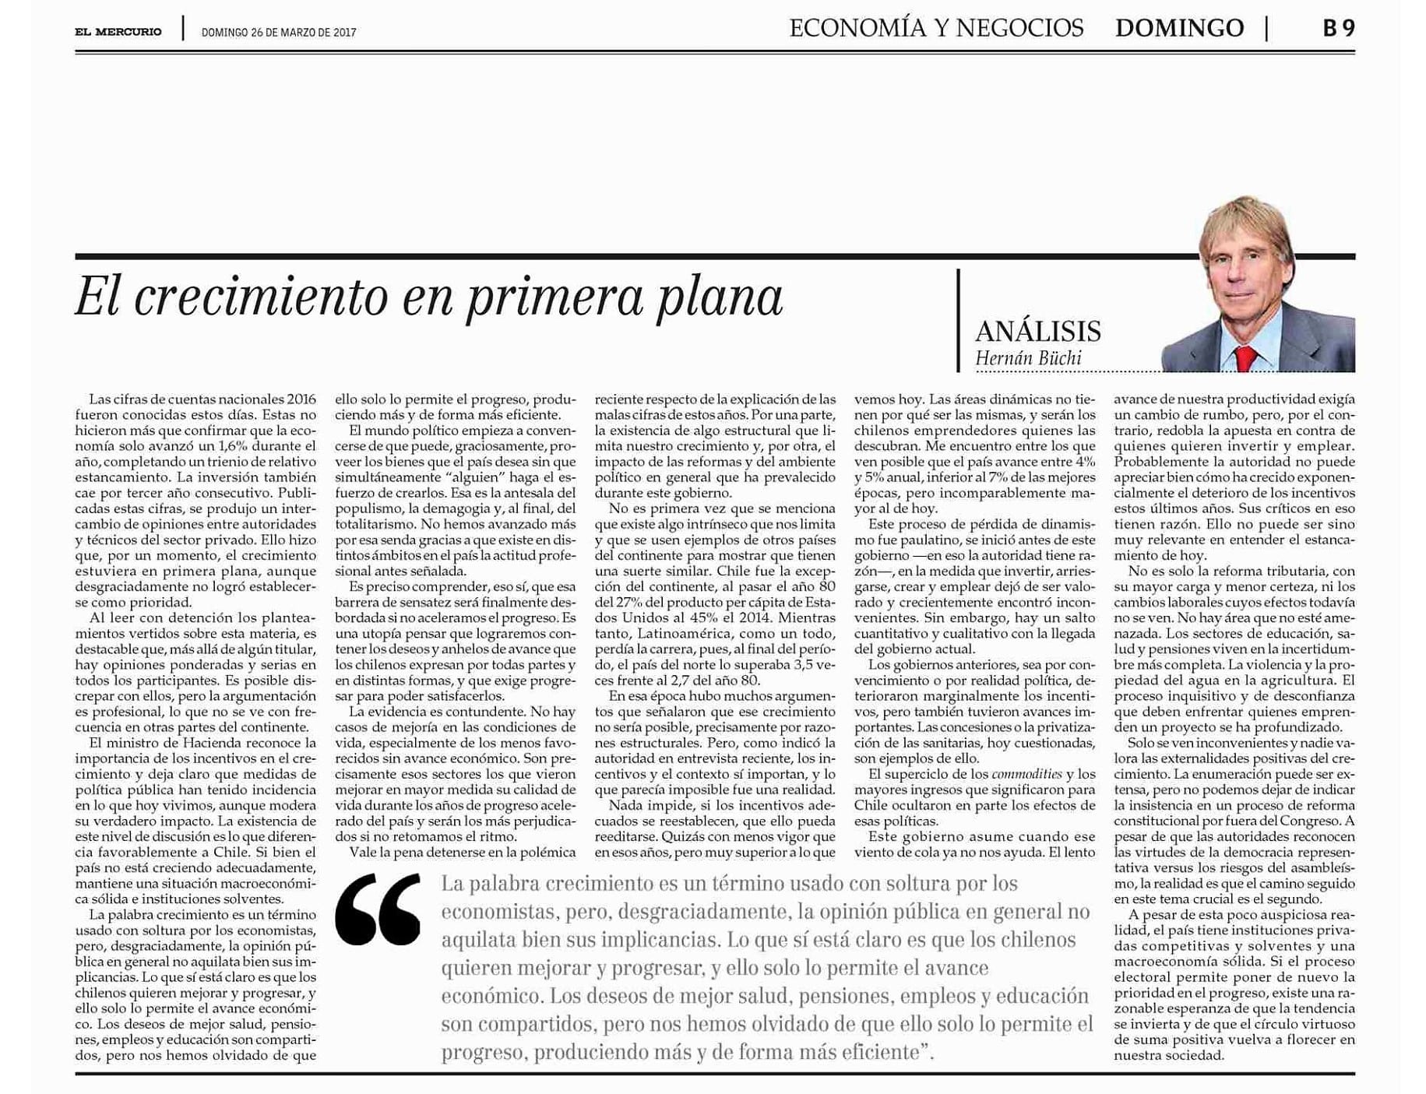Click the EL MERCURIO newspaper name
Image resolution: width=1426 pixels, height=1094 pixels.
click(x=118, y=32)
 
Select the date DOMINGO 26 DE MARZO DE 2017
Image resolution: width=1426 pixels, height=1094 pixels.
click(x=278, y=33)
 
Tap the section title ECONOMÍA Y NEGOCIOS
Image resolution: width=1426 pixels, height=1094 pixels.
click(x=935, y=29)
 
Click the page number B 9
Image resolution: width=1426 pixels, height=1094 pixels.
click(x=1338, y=29)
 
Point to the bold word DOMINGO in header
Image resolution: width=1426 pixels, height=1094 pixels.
click(x=1178, y=29)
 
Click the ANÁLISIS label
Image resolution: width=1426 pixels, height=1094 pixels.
click(x=1037, y=332)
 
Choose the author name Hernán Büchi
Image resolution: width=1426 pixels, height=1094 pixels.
click(x=1027, y=359)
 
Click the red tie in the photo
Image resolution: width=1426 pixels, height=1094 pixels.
click(x=1244, y=358)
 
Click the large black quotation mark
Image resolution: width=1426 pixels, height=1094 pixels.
click(x=378, y=909)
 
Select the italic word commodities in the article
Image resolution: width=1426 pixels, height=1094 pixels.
click(x=1026, y=774)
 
